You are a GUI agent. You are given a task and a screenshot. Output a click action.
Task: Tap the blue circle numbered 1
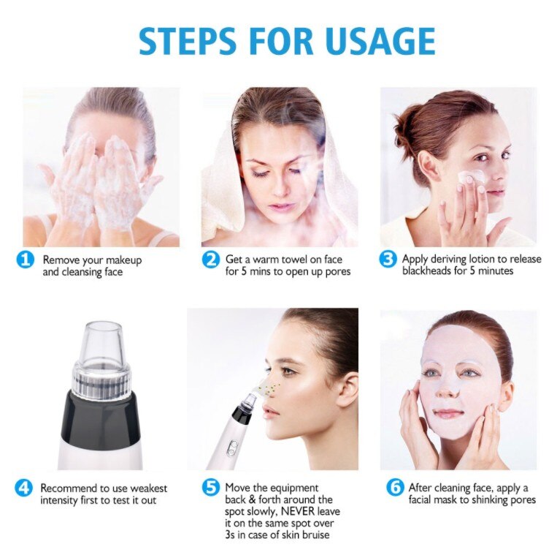click(26, 260)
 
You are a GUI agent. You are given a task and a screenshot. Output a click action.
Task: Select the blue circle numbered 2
click(211, 260)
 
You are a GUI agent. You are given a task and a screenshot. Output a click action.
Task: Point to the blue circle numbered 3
click(389, 260)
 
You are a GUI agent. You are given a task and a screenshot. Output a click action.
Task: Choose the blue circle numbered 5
click(211, 488)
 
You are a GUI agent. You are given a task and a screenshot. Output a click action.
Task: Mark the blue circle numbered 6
click(395, 488)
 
